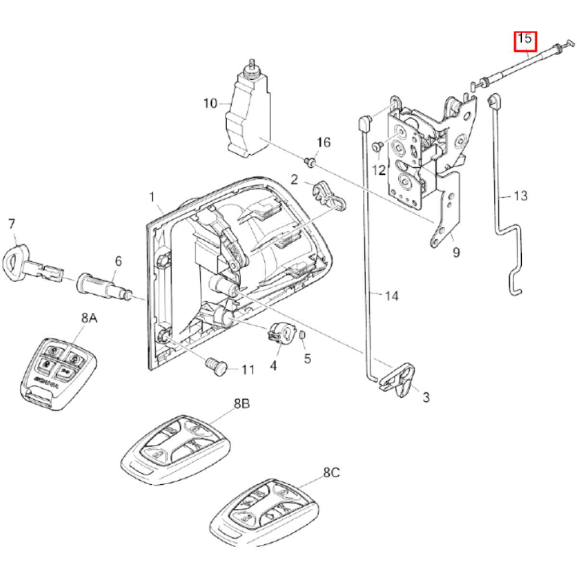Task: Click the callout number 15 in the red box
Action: tap(525, 39)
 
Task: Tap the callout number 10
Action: tap(210, 103)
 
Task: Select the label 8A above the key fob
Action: tap(89, 318)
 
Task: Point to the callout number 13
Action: tap(520, 196)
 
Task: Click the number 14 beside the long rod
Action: tap(392, 295)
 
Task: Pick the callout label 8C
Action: tap(331, 473)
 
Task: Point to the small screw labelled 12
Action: tap(377, 145)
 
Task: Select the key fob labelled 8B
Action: tap(175, 449)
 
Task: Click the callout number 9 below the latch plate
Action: tap(455, 252)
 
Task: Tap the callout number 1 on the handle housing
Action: tap(152, 197)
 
